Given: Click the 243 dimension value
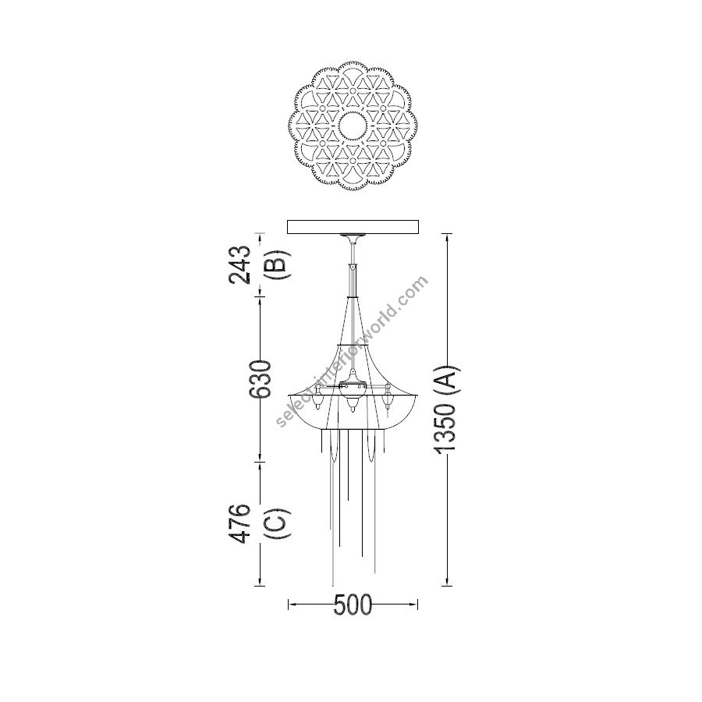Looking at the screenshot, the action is (239, 264).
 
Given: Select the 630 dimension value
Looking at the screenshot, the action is (261, 379).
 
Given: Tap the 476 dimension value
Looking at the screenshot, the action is (239, 523).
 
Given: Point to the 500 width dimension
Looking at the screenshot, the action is (353, 604).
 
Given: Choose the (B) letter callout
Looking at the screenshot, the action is (277, 264).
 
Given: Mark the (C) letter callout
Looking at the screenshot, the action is (277, 523).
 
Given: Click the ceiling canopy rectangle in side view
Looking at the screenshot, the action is (353, 226).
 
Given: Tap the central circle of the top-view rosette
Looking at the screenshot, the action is (353, 126).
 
